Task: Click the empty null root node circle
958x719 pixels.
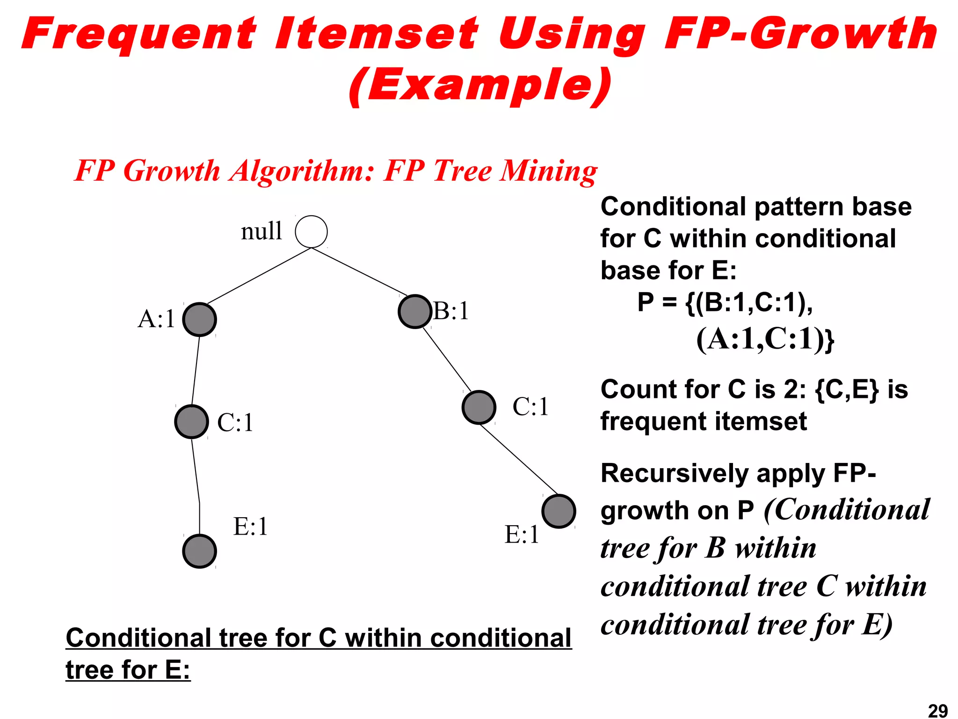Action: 311,232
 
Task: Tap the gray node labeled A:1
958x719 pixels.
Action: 200,320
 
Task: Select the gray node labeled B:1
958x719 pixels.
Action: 414,311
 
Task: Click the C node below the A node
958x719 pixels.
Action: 191,422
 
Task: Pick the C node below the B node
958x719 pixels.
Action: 479,407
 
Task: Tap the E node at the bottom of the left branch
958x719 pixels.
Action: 200,551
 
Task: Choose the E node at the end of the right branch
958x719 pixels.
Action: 559,511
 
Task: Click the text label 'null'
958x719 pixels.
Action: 261,231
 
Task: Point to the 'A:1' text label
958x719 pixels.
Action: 156,319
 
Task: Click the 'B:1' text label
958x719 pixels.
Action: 451,311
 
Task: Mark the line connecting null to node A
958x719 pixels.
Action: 259,276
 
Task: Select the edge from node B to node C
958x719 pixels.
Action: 447,359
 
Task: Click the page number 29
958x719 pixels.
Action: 937,711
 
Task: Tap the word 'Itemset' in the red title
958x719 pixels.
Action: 377,34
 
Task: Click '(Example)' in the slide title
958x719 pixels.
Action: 480,86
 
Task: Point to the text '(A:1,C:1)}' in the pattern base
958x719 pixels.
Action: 765,339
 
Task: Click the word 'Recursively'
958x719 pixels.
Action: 674,474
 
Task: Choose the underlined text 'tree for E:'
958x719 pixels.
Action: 128,670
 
